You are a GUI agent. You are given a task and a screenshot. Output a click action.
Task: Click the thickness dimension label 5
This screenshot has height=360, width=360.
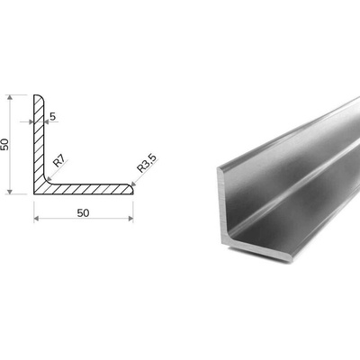53,116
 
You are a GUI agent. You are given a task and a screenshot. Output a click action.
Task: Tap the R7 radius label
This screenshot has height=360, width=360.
59,162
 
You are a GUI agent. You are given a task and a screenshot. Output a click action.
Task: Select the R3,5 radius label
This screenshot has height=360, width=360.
147,165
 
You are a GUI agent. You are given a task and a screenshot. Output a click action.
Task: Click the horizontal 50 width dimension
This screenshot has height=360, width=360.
83,213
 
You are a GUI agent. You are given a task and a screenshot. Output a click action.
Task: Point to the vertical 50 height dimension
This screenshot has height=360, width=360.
5,145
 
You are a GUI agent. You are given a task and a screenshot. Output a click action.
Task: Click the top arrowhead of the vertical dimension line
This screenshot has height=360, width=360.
10,97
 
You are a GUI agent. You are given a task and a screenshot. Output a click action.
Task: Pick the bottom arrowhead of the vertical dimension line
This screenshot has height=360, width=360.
10,191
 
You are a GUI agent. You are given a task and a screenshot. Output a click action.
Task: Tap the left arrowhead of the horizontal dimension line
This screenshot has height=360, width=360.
36,219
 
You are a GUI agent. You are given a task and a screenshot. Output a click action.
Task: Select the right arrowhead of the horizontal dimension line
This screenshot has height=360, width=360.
130,219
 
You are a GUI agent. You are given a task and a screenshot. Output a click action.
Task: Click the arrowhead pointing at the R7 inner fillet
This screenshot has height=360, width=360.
49,179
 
